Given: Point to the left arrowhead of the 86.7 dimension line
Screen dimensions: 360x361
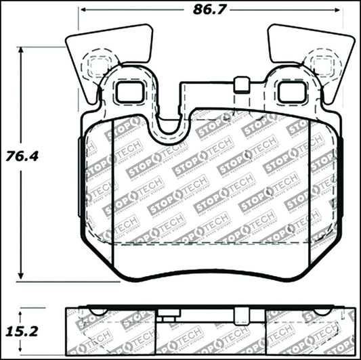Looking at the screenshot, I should point(83,11).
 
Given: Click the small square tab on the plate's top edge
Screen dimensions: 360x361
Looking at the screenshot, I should point(238,85).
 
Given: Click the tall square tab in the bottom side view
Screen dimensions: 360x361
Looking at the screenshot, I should point(239,313).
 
